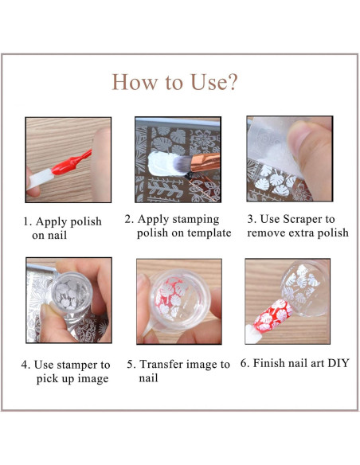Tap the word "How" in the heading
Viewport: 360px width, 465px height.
pos(135,82)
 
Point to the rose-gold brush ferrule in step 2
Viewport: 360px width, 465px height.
pos(205,162)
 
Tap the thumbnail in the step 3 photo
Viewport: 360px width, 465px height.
pos(299,139)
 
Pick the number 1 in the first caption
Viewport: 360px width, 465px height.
pos(26,221)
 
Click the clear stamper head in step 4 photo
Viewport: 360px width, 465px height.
pos(72,294)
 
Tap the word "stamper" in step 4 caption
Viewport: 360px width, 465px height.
pos(74,365)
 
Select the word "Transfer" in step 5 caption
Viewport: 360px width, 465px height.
pos(160,364)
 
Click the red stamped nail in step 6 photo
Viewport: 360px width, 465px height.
pos(273,316)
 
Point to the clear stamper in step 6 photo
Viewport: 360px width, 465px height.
pos(305,287)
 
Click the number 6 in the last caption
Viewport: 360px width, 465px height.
pos(244,363)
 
